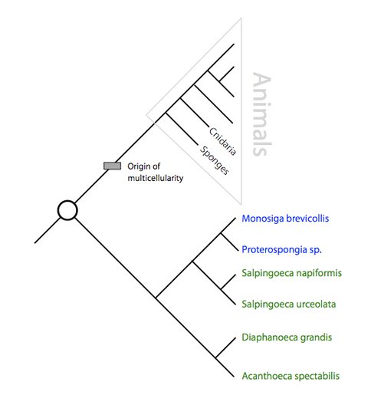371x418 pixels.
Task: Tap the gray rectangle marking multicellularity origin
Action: coord(112,166)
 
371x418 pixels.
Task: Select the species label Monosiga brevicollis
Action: coord(285,219)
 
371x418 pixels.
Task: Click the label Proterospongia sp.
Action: coord(281,250)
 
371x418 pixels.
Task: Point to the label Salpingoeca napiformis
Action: coord(291,273)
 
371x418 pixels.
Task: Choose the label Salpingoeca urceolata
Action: coord(289,304)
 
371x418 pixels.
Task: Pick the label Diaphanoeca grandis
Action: coord(287,337)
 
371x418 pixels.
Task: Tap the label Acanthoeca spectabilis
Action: coord(291,376)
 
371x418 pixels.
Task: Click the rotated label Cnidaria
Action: coord(222,141)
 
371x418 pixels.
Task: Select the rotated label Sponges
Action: coord(215,160)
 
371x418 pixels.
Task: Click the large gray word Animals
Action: coord(262,114)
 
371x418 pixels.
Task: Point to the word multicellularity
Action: coord(156,178)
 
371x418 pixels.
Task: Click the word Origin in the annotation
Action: coord(137,166)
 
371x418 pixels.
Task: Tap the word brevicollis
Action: coord(307,219)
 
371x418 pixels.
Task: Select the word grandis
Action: coord(316,337)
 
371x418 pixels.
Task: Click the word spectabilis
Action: coord(317,376)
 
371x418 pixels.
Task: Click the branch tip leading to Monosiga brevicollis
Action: coord(235,218)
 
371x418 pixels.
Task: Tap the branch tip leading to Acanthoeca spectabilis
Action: coord(234,377)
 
